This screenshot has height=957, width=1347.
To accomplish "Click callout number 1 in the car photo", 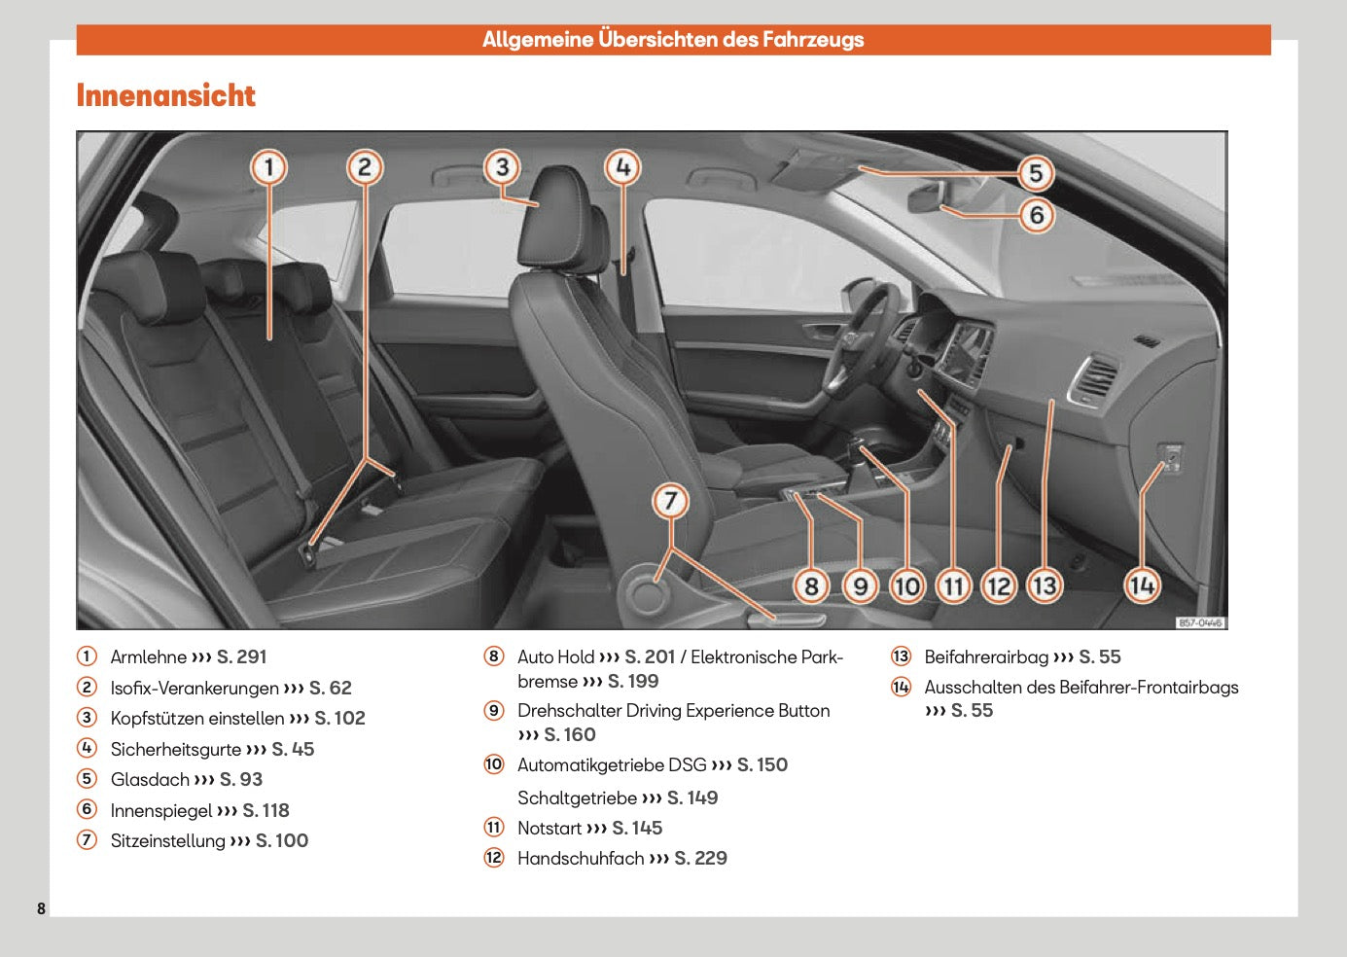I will [x=269, y=168].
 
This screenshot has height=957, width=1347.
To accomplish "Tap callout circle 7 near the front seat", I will [x=670, y=502].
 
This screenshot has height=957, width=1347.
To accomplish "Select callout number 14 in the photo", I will [x=1142, y=585].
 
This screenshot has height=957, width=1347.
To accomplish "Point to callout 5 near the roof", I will [x=1036, y=174].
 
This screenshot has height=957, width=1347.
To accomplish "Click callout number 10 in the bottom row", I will [x=906, y=586].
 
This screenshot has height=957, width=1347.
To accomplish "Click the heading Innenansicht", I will [x=165, y=95].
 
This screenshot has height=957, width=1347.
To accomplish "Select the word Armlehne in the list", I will [x=148, y=657].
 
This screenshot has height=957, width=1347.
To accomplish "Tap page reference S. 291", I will [x=241, y=657].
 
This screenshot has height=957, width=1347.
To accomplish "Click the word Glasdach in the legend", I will [x=150, y=780].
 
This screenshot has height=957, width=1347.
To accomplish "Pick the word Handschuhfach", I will [x=580, y=859].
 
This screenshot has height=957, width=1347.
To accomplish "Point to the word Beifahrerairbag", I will [x=986, y=657].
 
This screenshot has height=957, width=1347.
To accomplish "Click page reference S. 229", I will [x=700, y=859].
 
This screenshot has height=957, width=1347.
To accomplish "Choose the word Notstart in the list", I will [x=549, y=829].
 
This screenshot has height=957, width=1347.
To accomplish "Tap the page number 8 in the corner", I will [x=41, y=908].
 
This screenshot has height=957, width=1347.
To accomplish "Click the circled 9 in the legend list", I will [x=494, y=711].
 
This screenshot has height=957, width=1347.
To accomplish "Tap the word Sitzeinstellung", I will [x=167, y=841].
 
